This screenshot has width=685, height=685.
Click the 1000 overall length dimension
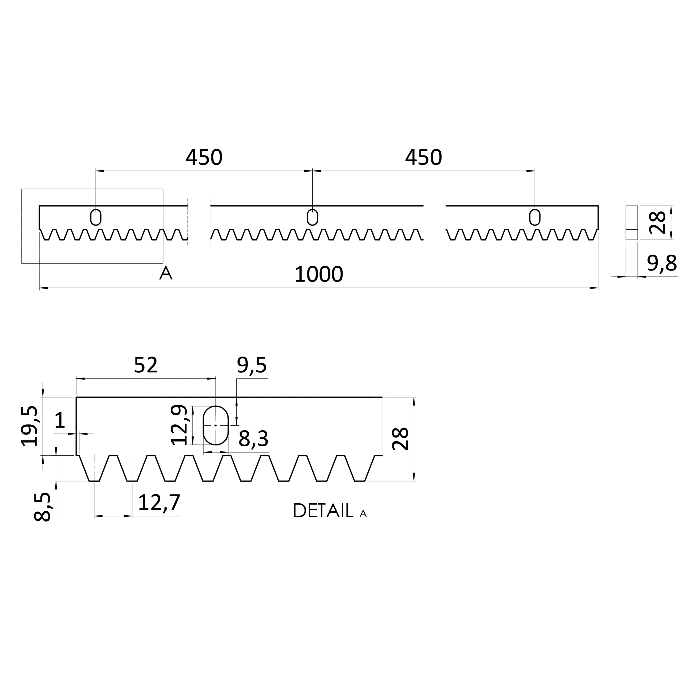click(x=318, y=275)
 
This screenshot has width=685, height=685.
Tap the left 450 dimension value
click(x=204, y=157)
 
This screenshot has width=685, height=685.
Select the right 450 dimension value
click(x=423, y=157)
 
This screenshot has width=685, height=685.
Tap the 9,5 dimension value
click(x=252, y=366)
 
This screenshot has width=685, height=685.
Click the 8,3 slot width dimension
click(x=253, y=439)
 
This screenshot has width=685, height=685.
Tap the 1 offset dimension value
click(x=60, y=420)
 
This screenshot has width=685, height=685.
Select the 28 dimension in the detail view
click(x=400, y=439)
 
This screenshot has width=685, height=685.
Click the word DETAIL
click(x=323, y=511)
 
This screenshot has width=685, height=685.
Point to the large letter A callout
click(x=166, y=273)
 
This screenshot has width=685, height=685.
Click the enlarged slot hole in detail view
click(x=216, y=425)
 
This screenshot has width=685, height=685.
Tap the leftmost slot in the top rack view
click(x=96, y=217)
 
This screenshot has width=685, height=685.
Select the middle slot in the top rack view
click(x=312, y=217)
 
